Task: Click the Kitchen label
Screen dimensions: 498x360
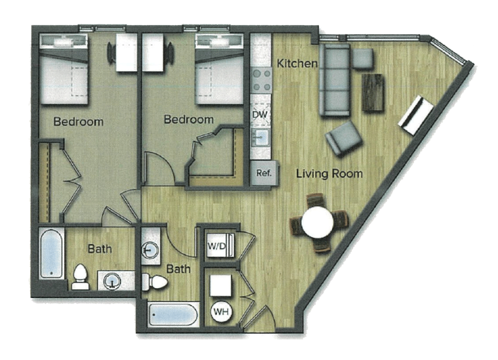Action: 297,63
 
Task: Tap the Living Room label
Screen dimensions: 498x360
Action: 329,173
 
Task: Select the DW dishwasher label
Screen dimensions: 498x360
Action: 260,115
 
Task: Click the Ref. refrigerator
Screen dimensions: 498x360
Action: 265,173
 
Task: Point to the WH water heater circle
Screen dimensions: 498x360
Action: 221,311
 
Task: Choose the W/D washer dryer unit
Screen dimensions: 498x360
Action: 220,245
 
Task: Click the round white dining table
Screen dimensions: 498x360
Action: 317,222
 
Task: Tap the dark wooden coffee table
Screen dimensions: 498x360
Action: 373,92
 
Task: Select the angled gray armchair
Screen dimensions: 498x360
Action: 344,138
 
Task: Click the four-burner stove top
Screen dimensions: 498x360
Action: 261,80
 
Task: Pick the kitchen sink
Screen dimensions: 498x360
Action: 261,137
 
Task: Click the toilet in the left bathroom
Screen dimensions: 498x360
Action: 80,278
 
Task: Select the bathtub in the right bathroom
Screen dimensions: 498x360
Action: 173,314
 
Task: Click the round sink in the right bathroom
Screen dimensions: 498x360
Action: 150,250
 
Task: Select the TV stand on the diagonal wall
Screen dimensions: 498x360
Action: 416,115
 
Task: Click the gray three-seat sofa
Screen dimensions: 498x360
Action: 334,80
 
